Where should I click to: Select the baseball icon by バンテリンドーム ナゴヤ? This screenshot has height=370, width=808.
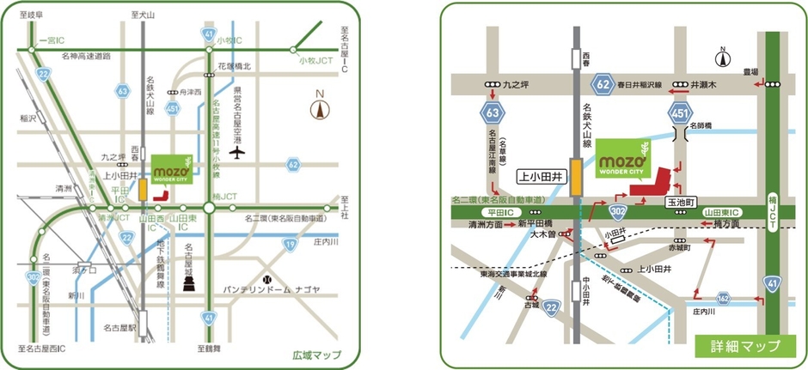(x=267, y=279)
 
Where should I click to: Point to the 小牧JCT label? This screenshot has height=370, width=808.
(x=315, y=61)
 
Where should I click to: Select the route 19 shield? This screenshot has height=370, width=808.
(x=291, y=246)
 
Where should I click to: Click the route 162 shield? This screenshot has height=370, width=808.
(x=724, y=299)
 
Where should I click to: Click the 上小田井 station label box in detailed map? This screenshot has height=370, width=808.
(x=541, y=174)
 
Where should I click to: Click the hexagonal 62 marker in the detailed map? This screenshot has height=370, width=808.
(x=603, y=85)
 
